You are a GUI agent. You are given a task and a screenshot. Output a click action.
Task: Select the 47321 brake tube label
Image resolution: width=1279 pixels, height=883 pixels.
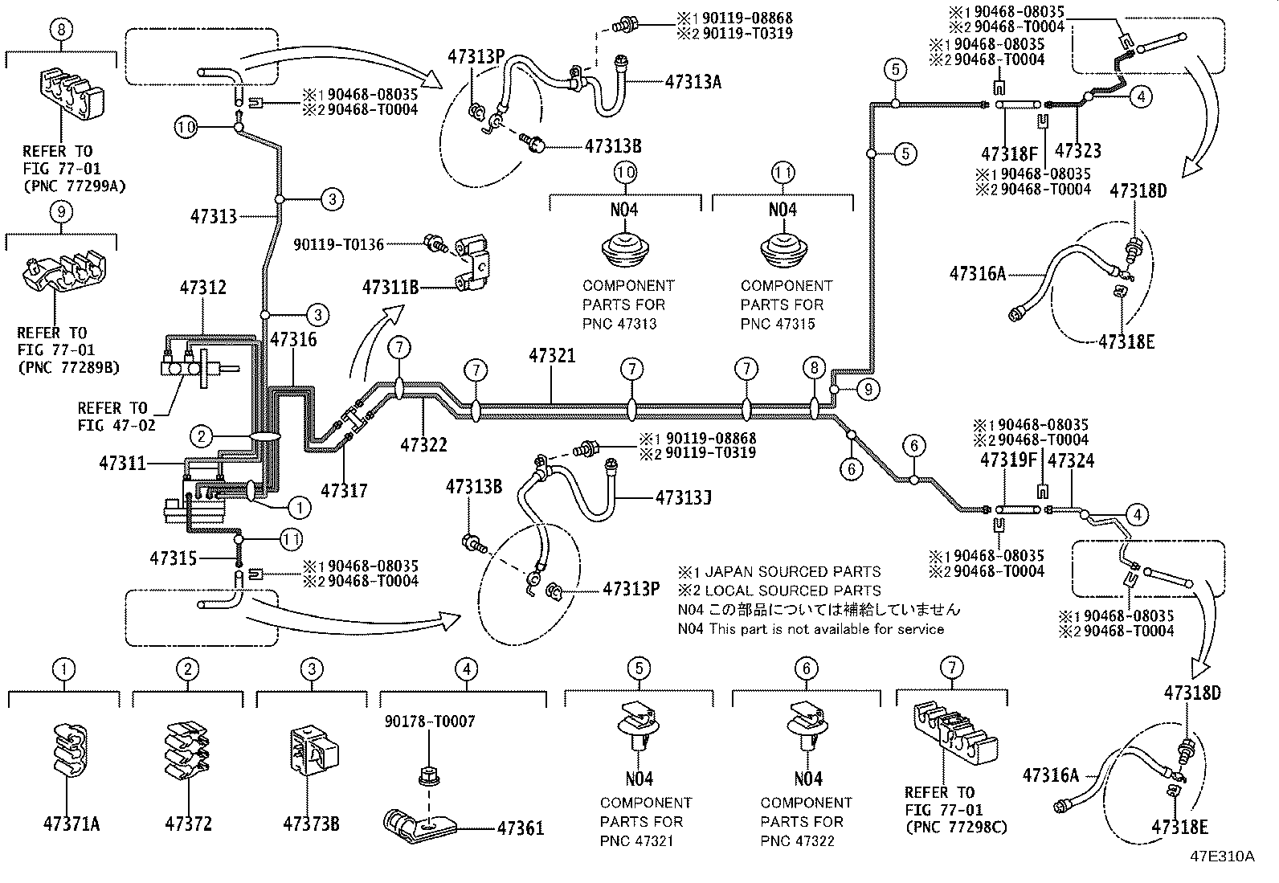[x=552, y=355]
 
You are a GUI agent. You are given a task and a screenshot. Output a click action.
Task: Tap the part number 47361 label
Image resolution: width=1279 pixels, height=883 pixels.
[x=520, y=828]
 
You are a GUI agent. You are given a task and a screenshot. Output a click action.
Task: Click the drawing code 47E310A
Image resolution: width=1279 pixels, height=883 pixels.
[x=1222, y=856]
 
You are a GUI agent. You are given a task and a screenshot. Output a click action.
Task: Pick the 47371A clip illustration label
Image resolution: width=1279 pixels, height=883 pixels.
[x=72, y=824]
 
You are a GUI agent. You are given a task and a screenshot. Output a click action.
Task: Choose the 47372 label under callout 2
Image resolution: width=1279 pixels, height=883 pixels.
[x=189, y=824]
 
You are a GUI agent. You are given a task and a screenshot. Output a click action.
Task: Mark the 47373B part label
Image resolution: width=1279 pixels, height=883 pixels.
[x=311, y=824]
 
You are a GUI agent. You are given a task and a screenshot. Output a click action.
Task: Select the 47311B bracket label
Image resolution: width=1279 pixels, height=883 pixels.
[x=390, y=287]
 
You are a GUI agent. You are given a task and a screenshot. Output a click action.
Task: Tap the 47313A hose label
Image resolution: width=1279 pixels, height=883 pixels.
[x=693, y=81]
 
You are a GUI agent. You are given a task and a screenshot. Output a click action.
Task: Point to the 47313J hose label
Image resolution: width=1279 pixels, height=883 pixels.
[x=683, y=498]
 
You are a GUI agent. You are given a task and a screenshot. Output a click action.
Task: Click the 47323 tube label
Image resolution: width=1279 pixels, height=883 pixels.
[x=1077, y=151]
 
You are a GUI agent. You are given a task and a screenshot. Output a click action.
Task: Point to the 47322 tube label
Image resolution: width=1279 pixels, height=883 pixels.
[x=423, y=444]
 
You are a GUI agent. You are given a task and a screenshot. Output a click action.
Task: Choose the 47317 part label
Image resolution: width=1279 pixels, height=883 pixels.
[x=344, y=490]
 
